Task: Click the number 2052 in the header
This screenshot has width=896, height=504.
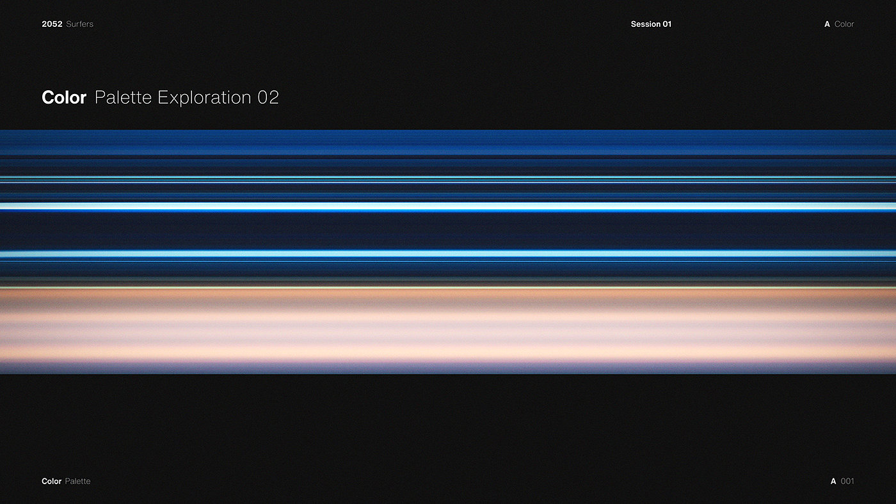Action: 52,24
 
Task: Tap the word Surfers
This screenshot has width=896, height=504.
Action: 79,24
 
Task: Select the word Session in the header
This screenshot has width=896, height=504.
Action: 646,24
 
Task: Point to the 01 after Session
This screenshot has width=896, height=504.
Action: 667,24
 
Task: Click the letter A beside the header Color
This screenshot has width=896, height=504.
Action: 827,24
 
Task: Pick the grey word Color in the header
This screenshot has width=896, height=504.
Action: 844,24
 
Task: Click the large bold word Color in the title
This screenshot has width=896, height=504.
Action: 64,97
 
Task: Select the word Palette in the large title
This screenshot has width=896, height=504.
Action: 123,97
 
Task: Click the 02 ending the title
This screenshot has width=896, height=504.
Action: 268,97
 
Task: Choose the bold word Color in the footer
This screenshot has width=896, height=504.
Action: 52,481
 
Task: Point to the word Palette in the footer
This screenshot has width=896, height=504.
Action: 77,481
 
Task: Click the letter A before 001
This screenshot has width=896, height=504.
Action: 833,481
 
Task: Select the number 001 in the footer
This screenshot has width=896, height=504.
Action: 847,481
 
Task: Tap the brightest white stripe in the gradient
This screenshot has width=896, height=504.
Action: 448,207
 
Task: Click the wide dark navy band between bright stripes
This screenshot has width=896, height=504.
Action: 448,231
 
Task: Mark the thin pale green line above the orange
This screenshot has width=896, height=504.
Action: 448,287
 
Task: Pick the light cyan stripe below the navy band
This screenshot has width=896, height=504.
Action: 448,254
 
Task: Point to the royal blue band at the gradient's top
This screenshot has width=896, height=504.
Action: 448,142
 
